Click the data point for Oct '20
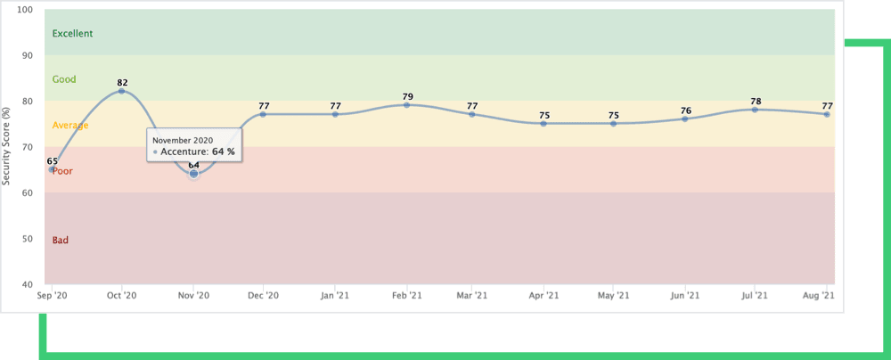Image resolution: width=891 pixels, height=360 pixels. (x=122, y=91)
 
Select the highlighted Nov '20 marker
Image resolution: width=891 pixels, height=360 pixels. (x=193, y=174)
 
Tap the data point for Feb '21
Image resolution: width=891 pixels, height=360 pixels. (x=406, y=105)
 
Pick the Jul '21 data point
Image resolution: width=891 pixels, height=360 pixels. (x=755, y=110)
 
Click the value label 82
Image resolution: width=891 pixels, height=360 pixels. (x=122, y=83)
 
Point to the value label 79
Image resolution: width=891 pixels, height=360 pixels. (x=406, y=96)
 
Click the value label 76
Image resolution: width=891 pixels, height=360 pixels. (x=685, y=110)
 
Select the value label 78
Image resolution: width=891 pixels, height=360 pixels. (x=755, y=101)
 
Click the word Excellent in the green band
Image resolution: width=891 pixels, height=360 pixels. (x=73, y=34)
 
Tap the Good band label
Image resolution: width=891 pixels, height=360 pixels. (x=64, y=79)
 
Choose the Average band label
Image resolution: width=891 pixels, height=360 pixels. (x=70, y=126)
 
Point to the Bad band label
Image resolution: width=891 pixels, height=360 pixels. (x=61, y=240)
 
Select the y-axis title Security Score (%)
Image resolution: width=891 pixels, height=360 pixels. (x=7, y=147)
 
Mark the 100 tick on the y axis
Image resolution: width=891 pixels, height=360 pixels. (x=25, y=10)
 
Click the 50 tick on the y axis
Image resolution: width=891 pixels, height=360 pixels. (x=28, y=239)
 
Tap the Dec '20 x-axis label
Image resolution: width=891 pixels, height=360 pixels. (x=264, y=295)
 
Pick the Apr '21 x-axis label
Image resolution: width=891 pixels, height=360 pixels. (x=544, y=295)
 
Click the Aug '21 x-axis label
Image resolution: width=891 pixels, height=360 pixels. (x=819, y=295)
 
